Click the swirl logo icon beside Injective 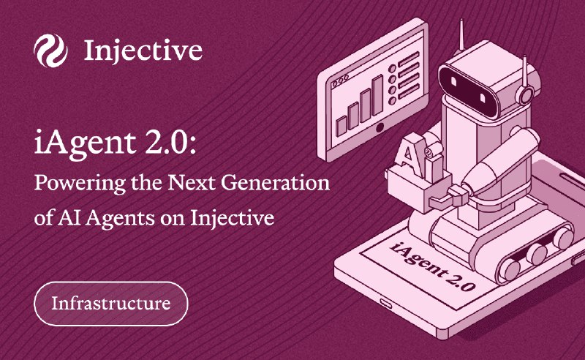[50, 50]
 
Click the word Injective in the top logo [143, 50]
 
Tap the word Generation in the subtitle [276, 183]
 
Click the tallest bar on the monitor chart [377, 95]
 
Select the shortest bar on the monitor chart [341, 127]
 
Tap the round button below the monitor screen [380, 128]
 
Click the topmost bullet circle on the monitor [392, 69]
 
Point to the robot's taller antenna [461, 34]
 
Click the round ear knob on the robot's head [526, 95]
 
